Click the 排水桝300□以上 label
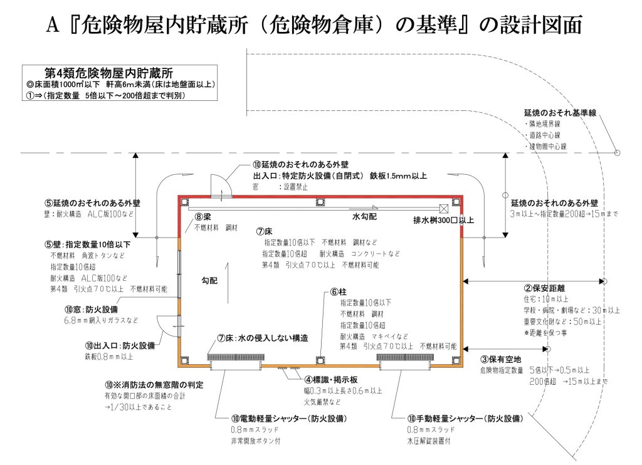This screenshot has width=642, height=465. coord(443,221)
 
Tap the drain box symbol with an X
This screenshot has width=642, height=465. coord(443,207)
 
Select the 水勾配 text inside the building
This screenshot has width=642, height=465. coord(365,216)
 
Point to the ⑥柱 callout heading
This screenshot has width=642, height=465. coord(339,292)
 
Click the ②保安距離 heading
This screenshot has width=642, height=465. coord(545,289)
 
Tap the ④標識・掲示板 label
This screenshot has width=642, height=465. coord(331,380)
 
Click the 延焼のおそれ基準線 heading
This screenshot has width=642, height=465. coord(560,113)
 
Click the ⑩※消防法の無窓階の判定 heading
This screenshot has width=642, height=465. coord(155,384)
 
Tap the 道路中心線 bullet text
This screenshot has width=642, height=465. coord(545,135)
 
